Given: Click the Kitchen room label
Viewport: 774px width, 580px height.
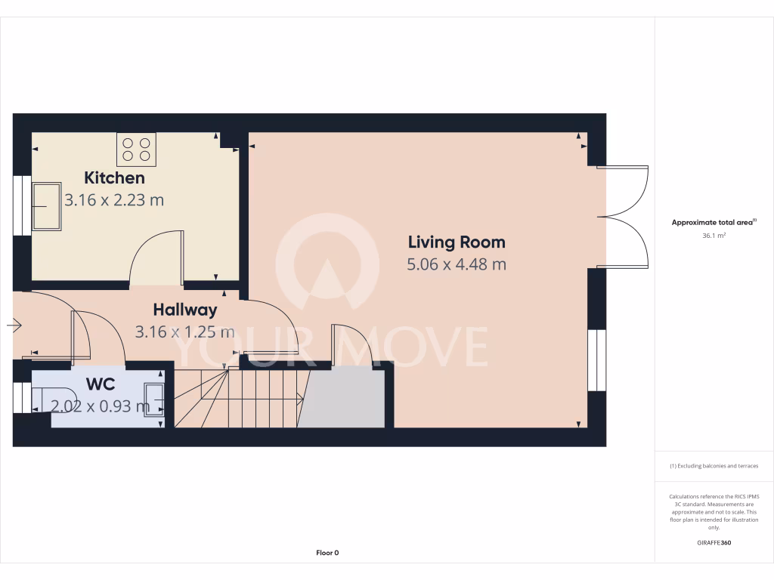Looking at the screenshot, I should click(x=114, y=178).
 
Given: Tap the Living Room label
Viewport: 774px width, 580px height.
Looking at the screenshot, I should click(x=457, y=242).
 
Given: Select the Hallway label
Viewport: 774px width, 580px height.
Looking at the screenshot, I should click(x=185, y=310).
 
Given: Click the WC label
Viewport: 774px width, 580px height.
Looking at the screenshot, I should click(x=101, y=384).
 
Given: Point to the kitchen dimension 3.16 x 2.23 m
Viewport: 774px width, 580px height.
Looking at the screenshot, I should click(x=114, y=200).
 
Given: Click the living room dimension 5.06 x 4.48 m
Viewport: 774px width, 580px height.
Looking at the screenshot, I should click(x=457, y=264).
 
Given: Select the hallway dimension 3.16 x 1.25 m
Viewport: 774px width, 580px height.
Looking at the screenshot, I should click(x=185, y=332).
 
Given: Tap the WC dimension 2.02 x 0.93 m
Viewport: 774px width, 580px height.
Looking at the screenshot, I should click(x=101, y=406).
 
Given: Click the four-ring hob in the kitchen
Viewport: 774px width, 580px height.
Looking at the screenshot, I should click(x=136, y=149).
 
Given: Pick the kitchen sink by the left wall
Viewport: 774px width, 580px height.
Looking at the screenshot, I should click(x=47, y=206).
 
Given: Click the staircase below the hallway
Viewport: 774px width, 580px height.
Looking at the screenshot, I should click(x=242, y=399).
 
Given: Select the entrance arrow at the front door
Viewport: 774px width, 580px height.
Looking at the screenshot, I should click(x=14, y=325).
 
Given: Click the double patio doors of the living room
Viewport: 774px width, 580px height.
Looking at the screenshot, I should click(x=624, y=217).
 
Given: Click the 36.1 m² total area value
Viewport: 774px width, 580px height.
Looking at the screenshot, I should click(x=714, y=236).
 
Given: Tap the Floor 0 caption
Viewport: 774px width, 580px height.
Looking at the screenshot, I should click(x=327, y=553).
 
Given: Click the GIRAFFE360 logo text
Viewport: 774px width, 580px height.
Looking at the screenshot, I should click(x=714, y=543).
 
